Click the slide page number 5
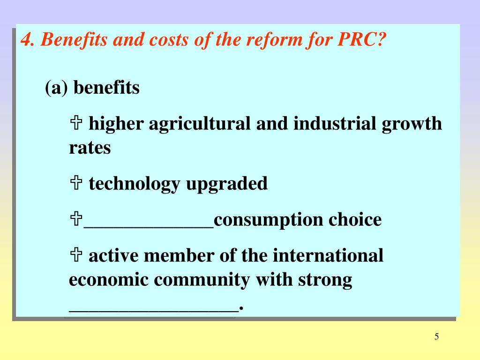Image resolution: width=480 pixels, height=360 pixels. pos(436,337)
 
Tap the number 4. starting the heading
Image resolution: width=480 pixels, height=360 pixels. pos(28,40)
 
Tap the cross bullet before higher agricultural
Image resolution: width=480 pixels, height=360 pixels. pos(76,124)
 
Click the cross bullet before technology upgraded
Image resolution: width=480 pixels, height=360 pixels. pos(76,183)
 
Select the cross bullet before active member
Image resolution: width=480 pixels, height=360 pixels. pos(76,256)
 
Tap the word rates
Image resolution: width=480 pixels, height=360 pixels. pos(90,148)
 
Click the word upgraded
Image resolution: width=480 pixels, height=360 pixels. pos(227,184)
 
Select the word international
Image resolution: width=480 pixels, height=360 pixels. pos(328,256)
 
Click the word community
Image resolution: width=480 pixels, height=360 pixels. pos(203,280)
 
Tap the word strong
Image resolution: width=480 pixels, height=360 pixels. pos(325,280)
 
